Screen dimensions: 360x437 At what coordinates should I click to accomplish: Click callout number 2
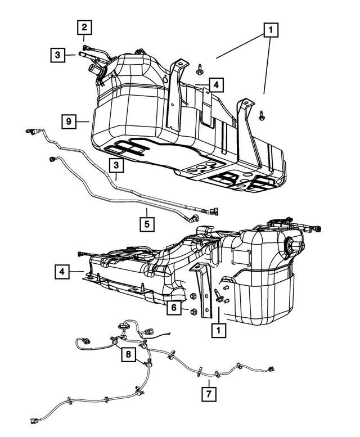[84, 28]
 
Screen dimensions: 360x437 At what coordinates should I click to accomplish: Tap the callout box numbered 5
[147, 224]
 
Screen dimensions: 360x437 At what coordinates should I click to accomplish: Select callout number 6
[174, 308]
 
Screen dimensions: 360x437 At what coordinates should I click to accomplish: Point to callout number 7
[209, 394]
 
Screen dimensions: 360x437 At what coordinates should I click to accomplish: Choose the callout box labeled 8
[128, 354]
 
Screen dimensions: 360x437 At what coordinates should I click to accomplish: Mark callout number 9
[69, 121]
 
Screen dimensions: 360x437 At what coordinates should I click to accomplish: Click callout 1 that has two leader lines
[271, 30]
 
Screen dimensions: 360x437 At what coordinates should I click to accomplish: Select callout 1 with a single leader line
[218, 331]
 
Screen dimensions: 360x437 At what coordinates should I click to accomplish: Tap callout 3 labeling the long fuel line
[116, 165]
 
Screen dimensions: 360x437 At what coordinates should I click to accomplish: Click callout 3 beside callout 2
[58, 55]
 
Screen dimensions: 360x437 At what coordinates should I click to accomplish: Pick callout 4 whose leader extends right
[61, 272]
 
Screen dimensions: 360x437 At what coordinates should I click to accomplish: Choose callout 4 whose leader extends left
[216, 85]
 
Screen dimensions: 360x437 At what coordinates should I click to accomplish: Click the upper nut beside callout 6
[193, 296]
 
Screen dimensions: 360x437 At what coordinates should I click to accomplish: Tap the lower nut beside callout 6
[193, 312]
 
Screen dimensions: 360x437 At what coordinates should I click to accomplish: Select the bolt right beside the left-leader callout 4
[200, 69]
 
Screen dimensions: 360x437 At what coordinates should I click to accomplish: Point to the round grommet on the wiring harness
[123, 326]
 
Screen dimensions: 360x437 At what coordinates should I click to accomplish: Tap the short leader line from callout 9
[82, 121]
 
